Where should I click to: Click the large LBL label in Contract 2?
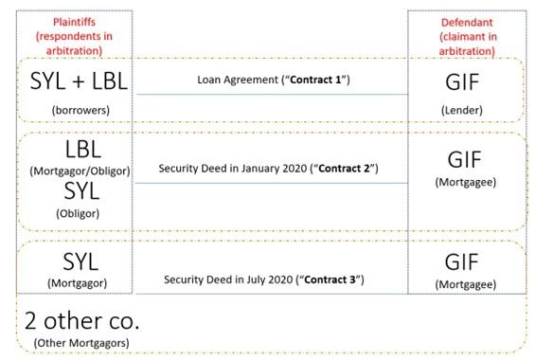click(82, 150)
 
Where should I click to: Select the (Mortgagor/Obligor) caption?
click(80, 171)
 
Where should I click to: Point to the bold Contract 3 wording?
click(336, 279)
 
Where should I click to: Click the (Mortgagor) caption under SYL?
click(80, 282)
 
